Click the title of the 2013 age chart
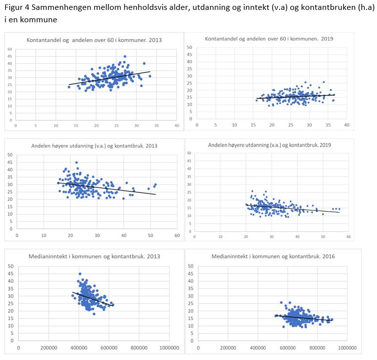pyautogui.click(x=94, y=40)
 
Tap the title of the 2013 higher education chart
pyautogui.click(x=94, y=146)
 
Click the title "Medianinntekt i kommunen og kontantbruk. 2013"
pyautogui.click(x=94, y=256)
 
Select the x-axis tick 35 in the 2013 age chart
pyautogui.click(x=157, y=126)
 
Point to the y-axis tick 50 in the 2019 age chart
pyautogui.click(x=188, y=47)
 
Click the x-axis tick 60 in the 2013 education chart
pyautogui.click(x=177, y=236)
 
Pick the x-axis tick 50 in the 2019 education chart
pyautogui.click(x=323, y=237)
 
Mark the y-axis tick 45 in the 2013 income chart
pyautogui.click(x=11, y=274)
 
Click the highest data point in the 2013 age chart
pyautogui.click(x=125, y=56)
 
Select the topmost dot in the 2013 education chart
pyautogui.click(x=76, y=162)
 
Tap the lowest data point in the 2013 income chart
pyautogui.click(x=94, y=314)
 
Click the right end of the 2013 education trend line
pyautogui.click(x=155, y=194)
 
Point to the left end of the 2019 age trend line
pyautogui.click(x=256, y=98)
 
